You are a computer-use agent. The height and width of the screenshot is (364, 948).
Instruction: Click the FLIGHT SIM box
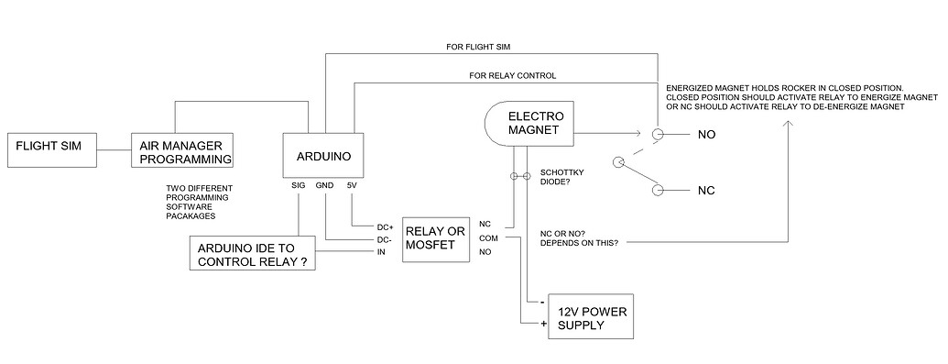coord(51,151)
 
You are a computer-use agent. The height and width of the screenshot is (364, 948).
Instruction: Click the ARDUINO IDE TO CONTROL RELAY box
coord(252,253)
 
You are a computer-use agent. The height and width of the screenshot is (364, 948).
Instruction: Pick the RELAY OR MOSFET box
coord(435,237)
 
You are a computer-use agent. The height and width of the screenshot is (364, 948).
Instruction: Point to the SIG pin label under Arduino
coord(297,185)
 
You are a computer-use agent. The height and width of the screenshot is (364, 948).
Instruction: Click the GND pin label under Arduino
coord(324,185)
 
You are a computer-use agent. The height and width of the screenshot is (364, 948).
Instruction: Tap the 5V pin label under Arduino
coord(352,185)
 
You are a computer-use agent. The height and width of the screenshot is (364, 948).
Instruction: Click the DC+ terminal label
coord(386,226)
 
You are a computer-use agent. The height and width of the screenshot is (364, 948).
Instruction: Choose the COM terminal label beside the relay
coord(487,237)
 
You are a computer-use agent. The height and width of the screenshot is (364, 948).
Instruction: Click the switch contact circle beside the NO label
coord(657,135)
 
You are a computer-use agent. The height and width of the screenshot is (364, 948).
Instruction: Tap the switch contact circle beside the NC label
coord(657,190)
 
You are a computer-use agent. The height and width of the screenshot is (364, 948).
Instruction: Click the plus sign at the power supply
coord(542,323)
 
